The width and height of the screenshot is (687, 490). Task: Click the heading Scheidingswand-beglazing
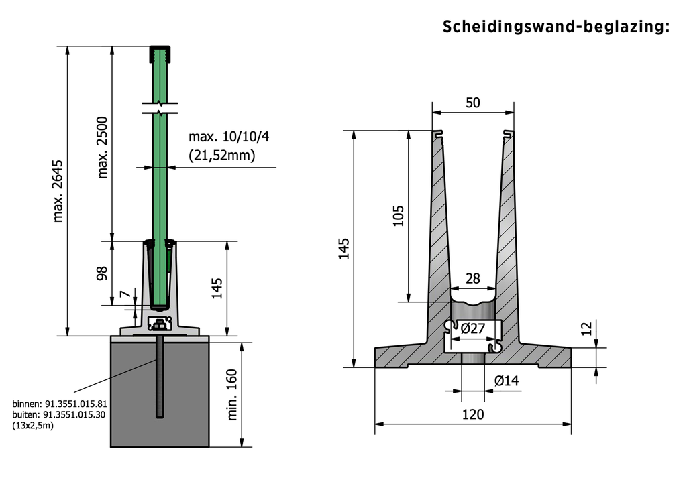click(x=556, y=27)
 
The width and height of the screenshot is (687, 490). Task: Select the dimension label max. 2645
click(x=58, y=191)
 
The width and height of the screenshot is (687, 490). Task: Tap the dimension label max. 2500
click(x=102, y=147)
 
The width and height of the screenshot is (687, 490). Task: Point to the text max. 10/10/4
click(x=229, y=137)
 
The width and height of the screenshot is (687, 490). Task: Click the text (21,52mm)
click(x=221, y=155)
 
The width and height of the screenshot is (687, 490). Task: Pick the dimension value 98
click(x=102, y=273)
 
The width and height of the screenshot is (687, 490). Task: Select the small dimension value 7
click(x=125, y=294)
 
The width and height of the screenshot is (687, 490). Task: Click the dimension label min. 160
click(x=232, y=395)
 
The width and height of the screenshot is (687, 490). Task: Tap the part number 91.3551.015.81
click(x=75, y=404)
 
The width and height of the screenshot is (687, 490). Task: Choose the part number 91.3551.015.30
click(x=74, y=415)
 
